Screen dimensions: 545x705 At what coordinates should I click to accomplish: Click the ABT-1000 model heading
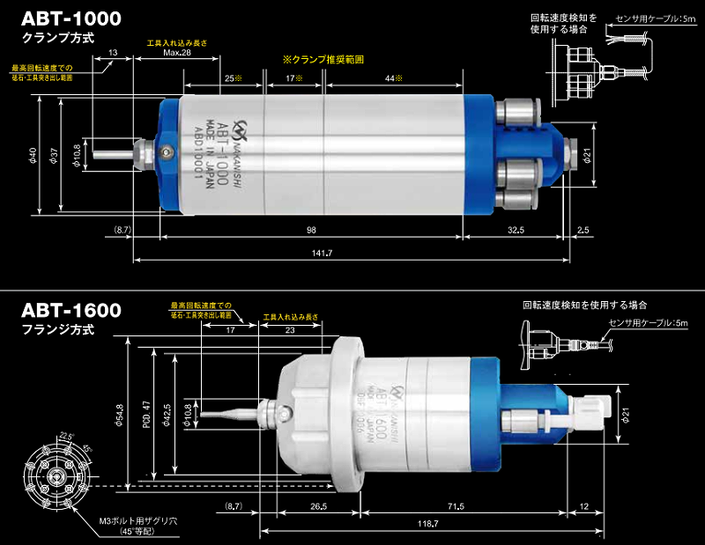pos(71,18)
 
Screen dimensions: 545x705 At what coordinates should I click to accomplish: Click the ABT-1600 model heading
pos(71,311)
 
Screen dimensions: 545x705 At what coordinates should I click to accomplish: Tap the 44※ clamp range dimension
pos(393,78)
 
